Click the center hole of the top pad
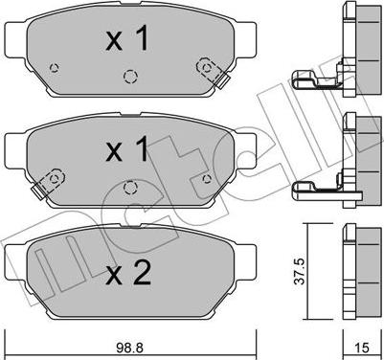[130, 75]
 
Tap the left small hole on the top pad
[55, 67]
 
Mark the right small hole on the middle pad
[206, 178]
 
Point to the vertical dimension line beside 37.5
[305, 272]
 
